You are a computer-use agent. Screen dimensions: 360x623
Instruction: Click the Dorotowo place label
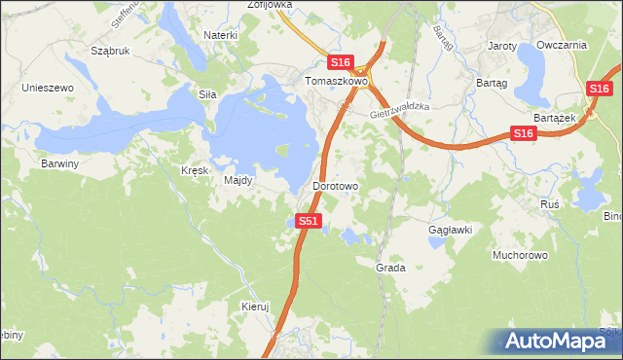(x=336, y=185)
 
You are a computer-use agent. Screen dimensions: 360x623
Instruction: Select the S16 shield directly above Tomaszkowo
(x=340, y=61)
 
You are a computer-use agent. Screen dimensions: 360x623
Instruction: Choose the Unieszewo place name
(x=49, y=88)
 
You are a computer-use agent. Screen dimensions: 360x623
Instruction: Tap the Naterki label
(x=221, y=35)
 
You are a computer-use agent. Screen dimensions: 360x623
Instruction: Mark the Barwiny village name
(x=59, y=163)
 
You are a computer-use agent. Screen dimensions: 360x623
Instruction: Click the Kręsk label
(x=195, y=170)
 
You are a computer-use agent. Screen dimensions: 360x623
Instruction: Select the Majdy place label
(x=238, y=180)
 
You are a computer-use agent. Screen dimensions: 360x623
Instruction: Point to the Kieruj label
(x=254, y=306)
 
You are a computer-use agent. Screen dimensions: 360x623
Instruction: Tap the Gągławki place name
(x=451, y=230)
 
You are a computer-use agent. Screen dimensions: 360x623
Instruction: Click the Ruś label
(x=549, y=204)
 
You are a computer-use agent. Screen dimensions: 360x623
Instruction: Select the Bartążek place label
(x=556, y=117)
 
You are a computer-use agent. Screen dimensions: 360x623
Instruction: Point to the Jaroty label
(x=501, y=46)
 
